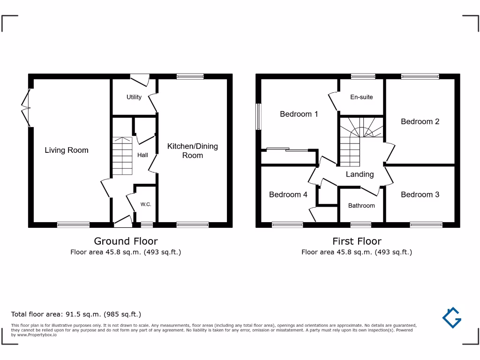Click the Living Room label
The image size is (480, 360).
pyautogui.click(x=67, y=150)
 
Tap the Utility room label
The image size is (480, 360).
pyautogui.click(x=134, y=97)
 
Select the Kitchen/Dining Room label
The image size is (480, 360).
pyautogui.click(x=193, y=150)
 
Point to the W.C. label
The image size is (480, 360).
pyautogui.click(x=146, y=204)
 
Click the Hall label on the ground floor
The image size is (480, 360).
pyautogui.click(x=142, y=155)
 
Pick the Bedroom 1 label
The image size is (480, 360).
pyautogui.click(x=299, y=114)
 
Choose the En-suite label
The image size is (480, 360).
pyautogui.click(x=361, y=97)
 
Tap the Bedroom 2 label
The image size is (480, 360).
pyautogui.click(x=420, y=121)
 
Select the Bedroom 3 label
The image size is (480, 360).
pyautogui.click(x=420, y=195)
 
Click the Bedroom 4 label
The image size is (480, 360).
pyautogui.click(x=288, y=195)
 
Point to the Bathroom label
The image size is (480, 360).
pyautogui.click(x=361, y=205)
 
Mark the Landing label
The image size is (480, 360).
pyautogui.click(x=360, y=174)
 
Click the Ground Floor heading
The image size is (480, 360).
pyautogui.click(x=126, y=241)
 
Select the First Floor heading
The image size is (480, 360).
pyautogui.click(x=357, y=241)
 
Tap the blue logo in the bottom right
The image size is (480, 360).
pyautogui.click(x=452, y=317)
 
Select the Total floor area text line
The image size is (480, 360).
pyautogui.click(x=76, y=314)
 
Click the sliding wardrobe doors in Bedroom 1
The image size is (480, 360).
pyautogui.click(x=288, y=150)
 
